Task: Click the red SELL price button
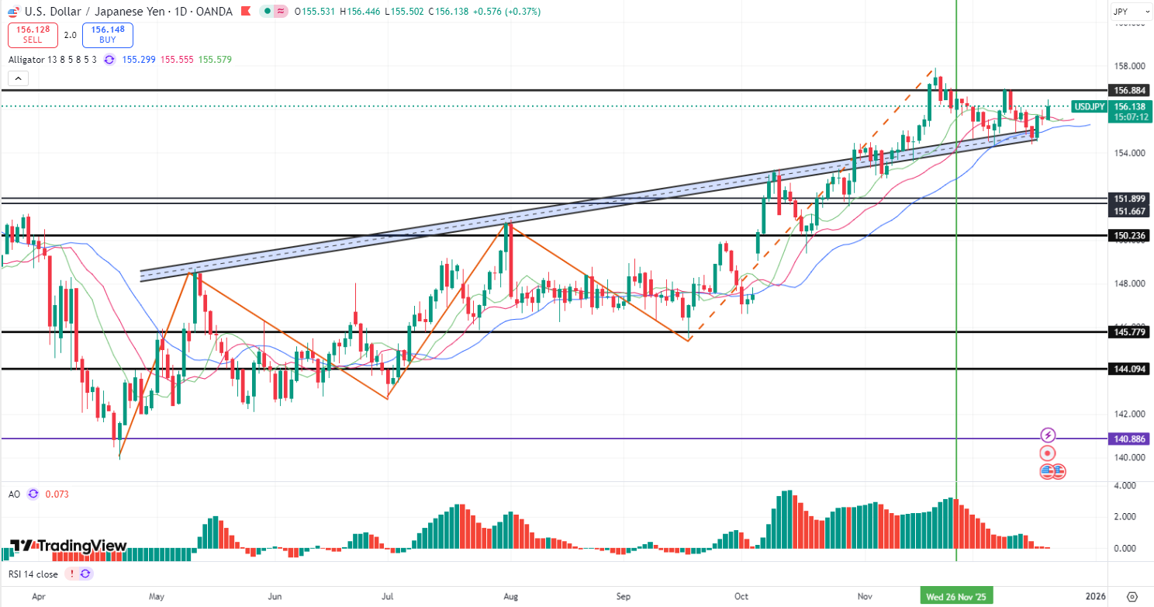33,34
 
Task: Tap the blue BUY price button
108,34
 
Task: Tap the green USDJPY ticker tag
1088,106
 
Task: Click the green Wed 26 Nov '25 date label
956,596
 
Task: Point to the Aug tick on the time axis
510,596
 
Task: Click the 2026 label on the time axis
1095,596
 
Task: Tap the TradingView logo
68,546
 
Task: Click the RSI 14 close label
33,574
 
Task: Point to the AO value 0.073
57,494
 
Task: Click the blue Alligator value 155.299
140,59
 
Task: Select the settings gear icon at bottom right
1132,596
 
